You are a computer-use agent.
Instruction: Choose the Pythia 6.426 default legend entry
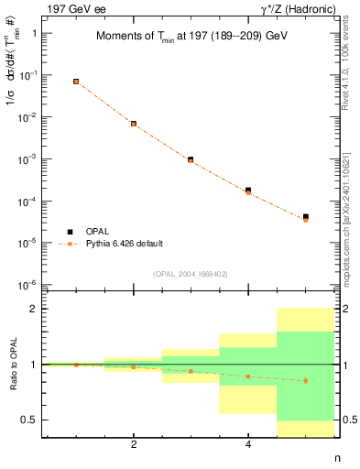pos(124,244)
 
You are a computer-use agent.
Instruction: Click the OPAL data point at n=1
pos(76,82)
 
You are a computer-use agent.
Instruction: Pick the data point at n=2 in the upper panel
pos(134,124)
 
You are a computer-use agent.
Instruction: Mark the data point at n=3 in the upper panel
pos(191,159)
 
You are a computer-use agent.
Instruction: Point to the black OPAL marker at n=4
pos(248,190)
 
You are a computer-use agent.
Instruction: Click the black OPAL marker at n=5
pos(305,217)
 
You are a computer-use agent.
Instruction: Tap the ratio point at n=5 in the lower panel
pos(305,380)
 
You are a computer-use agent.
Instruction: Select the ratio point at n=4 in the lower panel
pos(248,376)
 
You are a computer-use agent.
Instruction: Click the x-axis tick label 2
pos(134,445)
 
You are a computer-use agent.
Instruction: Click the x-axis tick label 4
pos(248,445)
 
